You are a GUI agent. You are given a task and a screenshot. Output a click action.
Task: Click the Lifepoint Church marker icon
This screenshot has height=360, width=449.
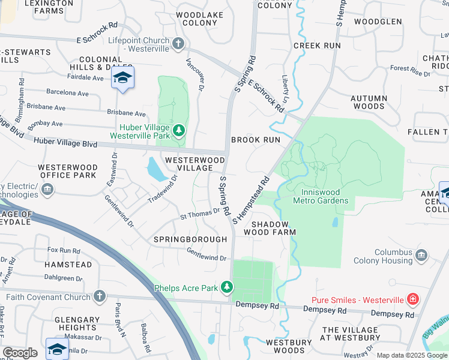[178, 44]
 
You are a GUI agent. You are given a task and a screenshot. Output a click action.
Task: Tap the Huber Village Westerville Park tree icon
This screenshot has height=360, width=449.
[178, 130]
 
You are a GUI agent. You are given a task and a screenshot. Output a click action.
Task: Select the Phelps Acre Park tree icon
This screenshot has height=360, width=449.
[227, 288]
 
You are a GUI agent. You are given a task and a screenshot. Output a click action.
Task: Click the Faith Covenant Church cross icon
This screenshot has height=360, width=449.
[100, 296]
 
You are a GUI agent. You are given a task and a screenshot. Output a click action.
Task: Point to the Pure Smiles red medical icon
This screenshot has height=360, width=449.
[412, 299]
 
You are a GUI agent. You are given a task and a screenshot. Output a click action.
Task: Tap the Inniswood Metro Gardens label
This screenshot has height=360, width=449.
[320, 196]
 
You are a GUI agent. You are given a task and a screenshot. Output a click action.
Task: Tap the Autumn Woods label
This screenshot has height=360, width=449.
[368, 102]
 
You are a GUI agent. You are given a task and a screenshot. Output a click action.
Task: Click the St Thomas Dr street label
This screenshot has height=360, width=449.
[200, 214]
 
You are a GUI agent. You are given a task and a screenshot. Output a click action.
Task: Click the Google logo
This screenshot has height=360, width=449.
[20, 353]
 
